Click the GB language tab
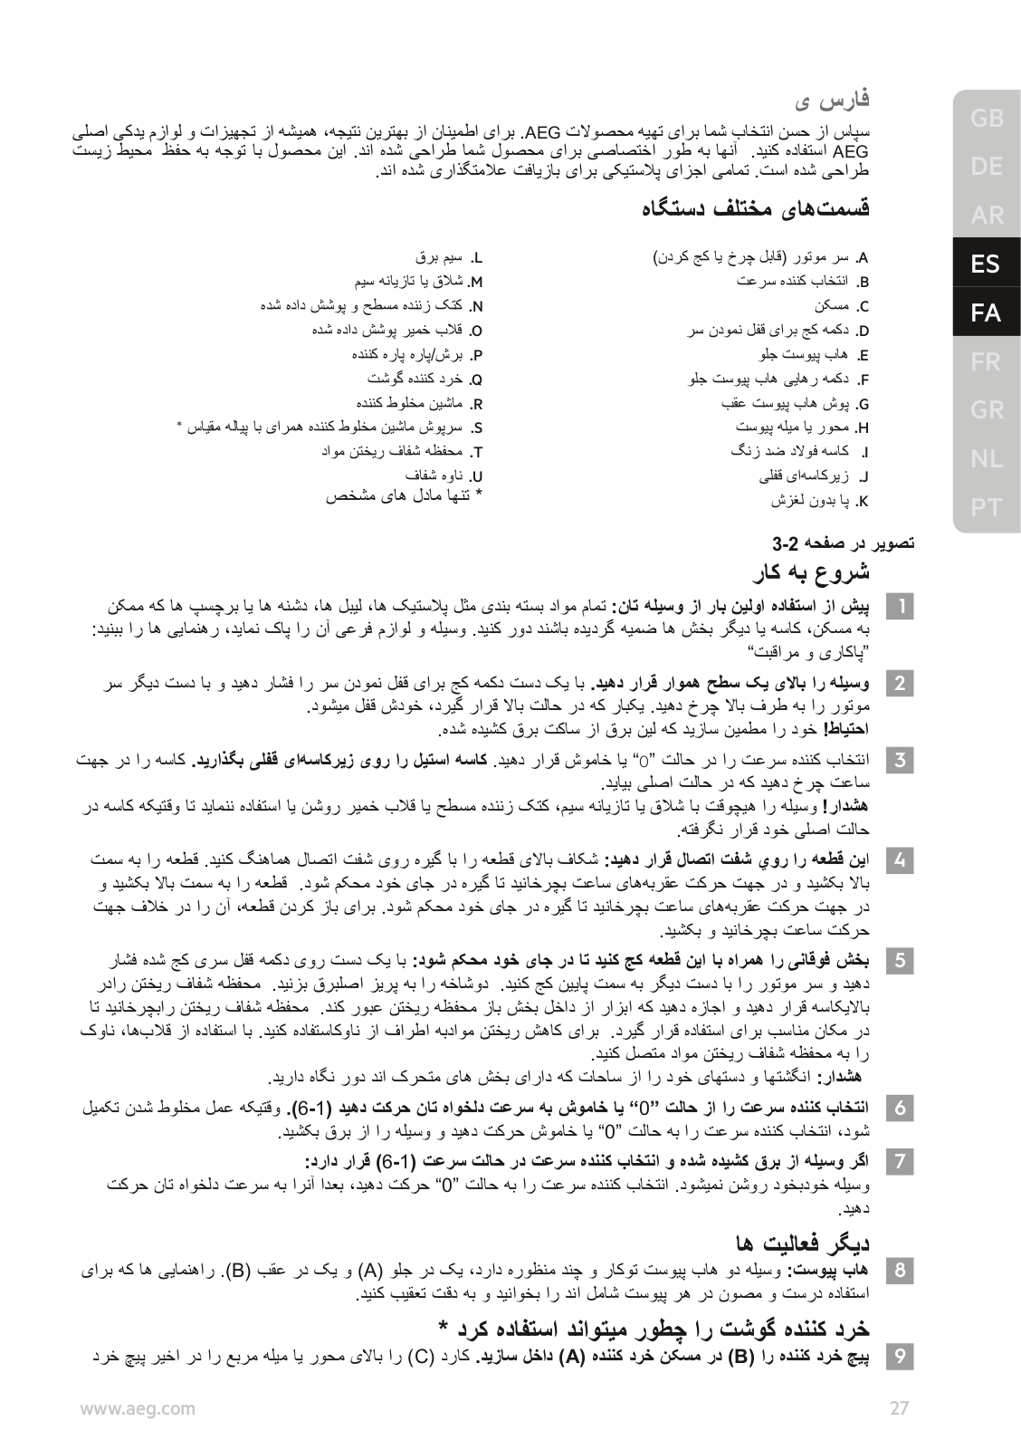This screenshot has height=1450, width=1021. (986, 118)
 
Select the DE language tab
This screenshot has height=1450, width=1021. (986, 167)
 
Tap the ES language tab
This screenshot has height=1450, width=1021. (986, 264)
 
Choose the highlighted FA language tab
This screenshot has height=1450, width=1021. (986, 313)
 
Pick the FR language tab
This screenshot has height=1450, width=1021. (986, 362)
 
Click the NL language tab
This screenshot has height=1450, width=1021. (986, 459)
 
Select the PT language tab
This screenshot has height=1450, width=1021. (986, 508)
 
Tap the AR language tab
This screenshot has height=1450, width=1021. (986, 216)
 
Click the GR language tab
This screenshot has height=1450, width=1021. (986, 410)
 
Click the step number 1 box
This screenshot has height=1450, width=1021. (900, 605)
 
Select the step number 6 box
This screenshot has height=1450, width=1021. (900, 1108)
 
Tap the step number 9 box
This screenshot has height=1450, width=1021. (900, 1356)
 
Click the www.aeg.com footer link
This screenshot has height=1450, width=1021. (137, 1407)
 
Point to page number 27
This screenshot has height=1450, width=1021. (899, 1407)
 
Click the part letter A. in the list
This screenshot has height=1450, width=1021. (864, 257)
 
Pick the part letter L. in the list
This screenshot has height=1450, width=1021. (479, 257)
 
